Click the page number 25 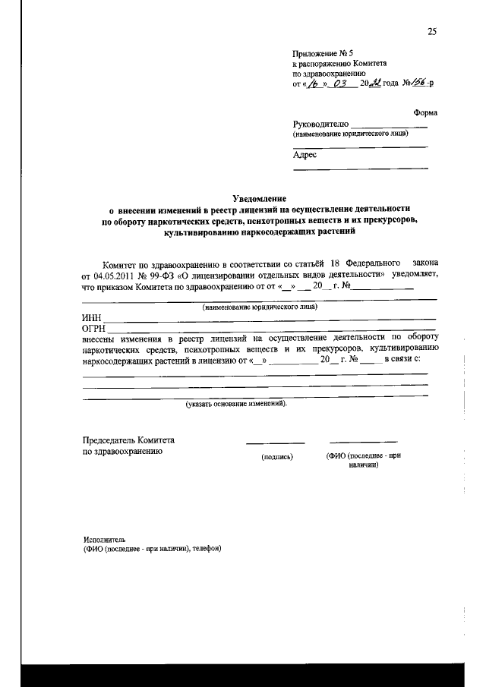(432, 31)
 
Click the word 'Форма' (425, 112)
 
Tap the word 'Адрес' (305, 154)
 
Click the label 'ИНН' (91, 318)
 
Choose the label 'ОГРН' (93, 328)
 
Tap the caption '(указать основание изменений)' (237, 404)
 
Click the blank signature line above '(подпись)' (275, 442)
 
